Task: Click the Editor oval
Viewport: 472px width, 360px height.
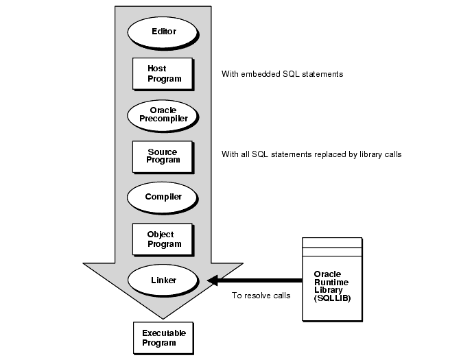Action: click(x=163, y=32)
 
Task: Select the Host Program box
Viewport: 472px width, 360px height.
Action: click(x=163, y=73)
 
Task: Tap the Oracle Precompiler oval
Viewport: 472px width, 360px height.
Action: click(x=163, y=114)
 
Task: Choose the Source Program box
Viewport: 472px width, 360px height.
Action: click(x=163, y=156)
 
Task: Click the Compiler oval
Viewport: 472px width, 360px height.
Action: click(x=163, y=197)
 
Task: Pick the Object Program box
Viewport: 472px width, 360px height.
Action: click(x=163, y=239)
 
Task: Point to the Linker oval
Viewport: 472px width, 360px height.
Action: click(x=163, y=280)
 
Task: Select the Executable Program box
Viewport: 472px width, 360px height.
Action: click(x=163, y=337)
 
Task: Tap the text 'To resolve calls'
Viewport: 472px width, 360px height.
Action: click(x=261, y=296)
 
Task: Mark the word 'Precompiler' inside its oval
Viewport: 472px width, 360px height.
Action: click(x=163, y=118)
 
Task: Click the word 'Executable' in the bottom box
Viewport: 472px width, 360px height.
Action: click(x=164, y=333)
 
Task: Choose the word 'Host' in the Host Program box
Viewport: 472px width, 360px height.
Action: click(x=157, y=69)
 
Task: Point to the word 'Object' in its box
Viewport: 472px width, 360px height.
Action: click(x=161, y=235)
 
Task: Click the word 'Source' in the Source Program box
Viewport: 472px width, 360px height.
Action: click(x=162, y=152)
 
